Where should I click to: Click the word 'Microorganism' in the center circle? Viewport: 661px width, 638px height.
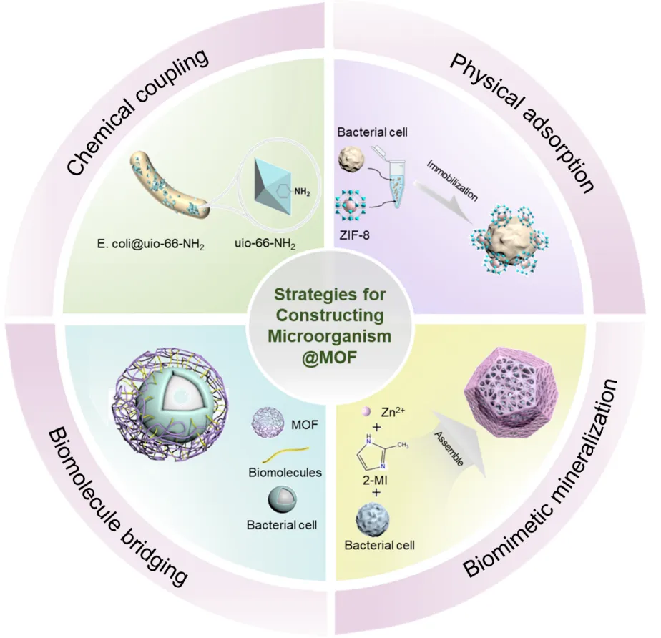330,335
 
